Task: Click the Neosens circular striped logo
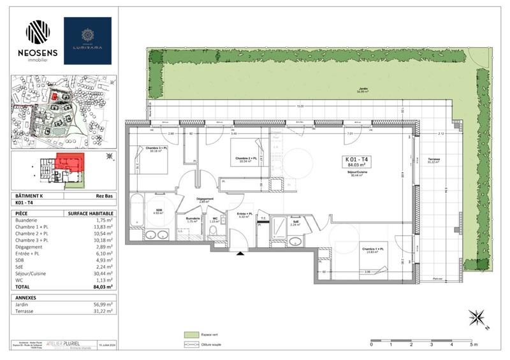point(37,32)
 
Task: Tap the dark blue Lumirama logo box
point(87,41)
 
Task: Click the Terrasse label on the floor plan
point(435,161)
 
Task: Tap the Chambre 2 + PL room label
point(245,159)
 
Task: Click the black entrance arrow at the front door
point(240,254)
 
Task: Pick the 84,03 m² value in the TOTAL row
point(103,287)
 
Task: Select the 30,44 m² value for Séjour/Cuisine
point(103,273)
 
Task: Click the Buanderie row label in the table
point(27,220)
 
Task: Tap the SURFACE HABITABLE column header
point(91,213)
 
